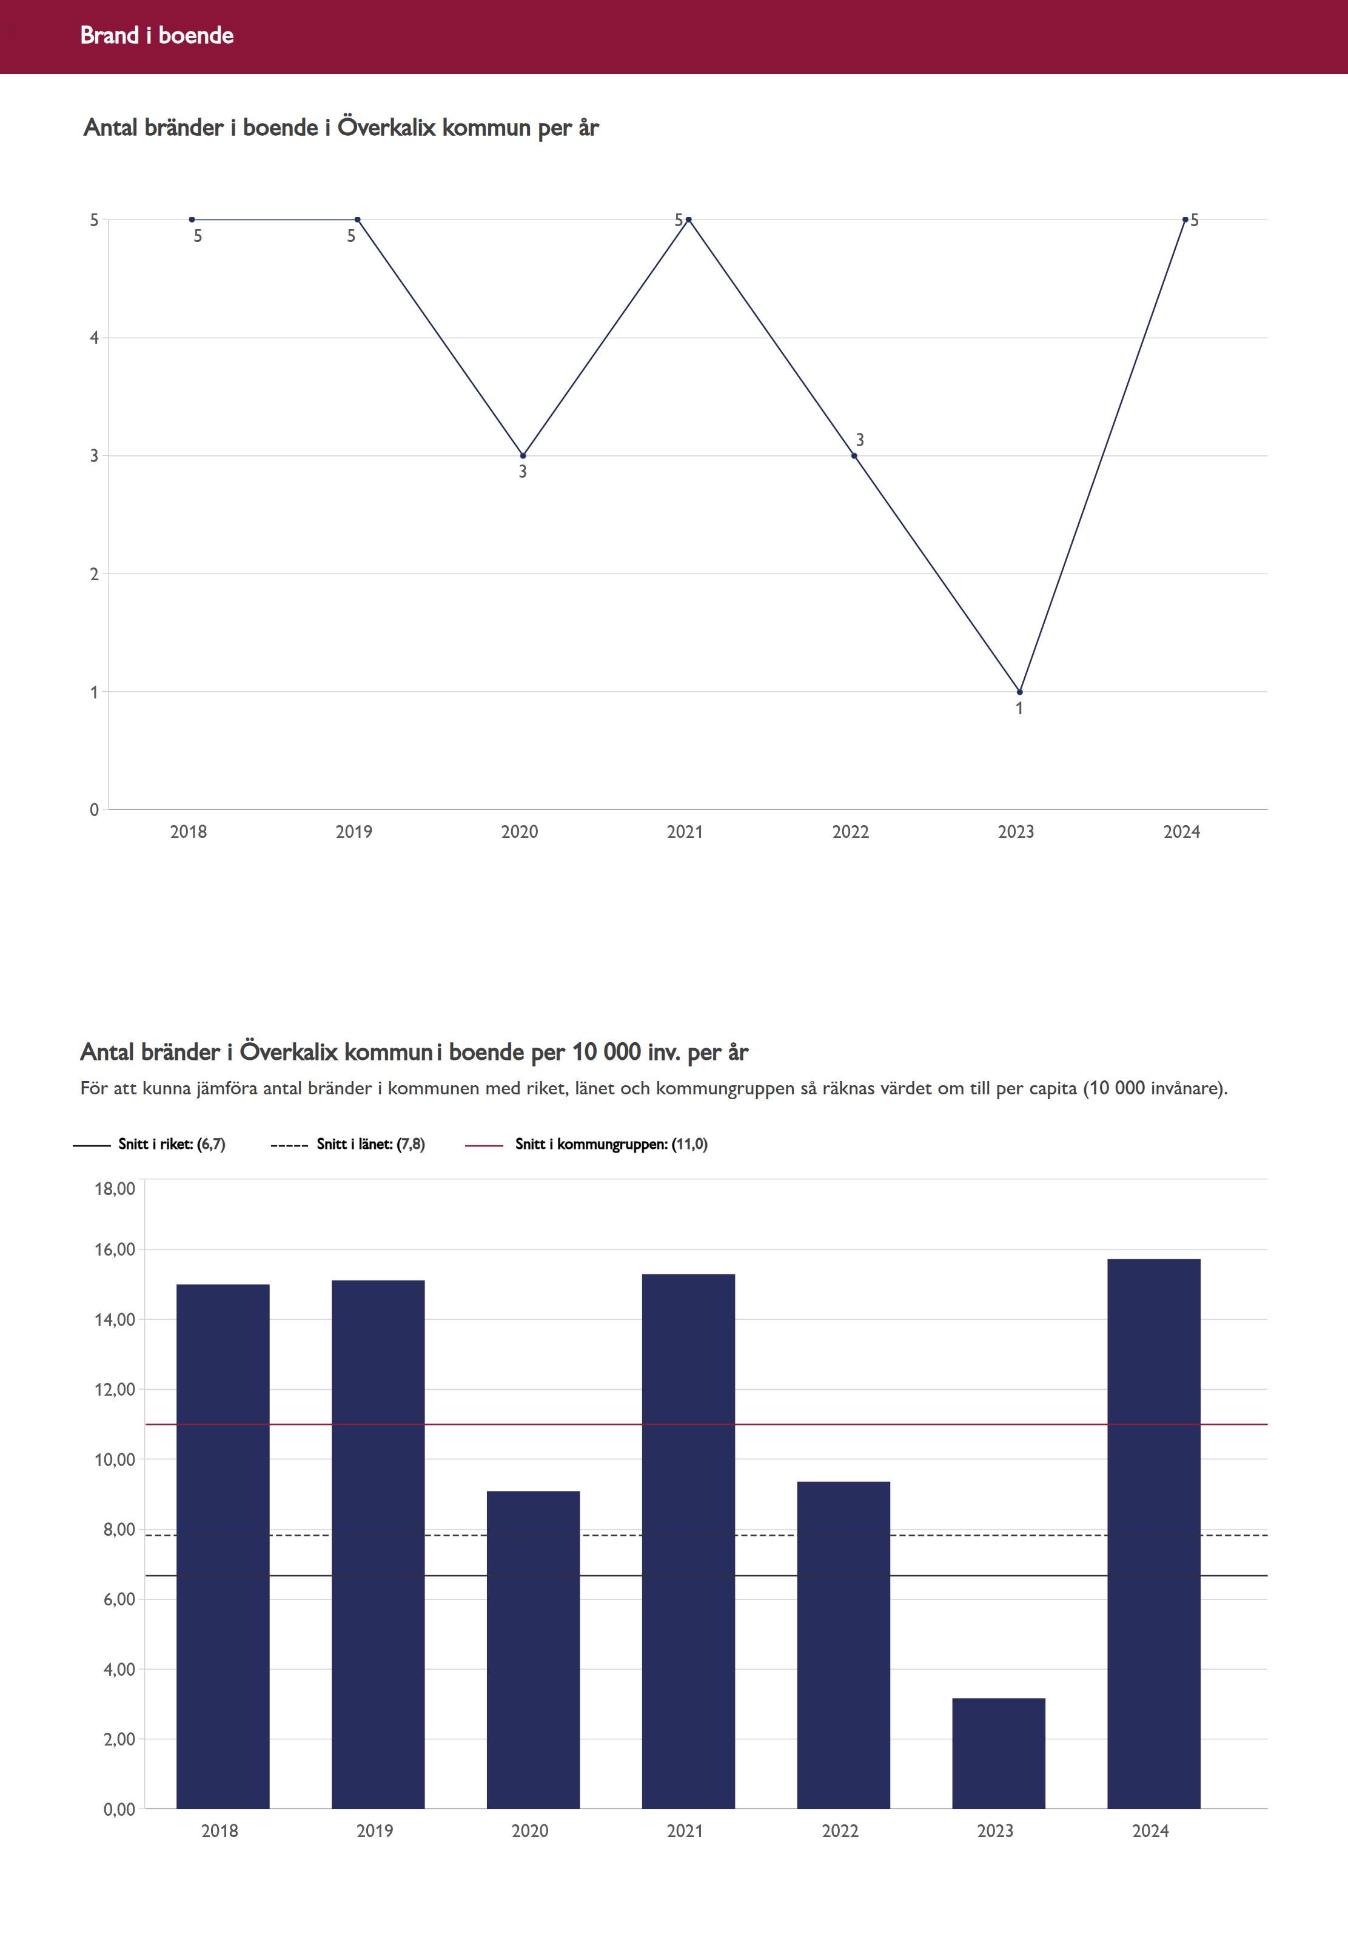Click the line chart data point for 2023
[x=1019, y=692]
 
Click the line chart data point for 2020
[x=523, y=456]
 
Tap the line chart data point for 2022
[x=854, y=456]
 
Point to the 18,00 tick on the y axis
[x=115, y=1189]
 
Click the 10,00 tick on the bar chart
[x=115, y=1460]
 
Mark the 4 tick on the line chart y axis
[x=95, y=338]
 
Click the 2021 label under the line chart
[x=684, y=832]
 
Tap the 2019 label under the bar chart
[x=374, y=1830]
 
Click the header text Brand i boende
[x=156, y=35]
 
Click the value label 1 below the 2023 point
[x=1019, y=708]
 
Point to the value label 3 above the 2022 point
[x=860, y=440]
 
